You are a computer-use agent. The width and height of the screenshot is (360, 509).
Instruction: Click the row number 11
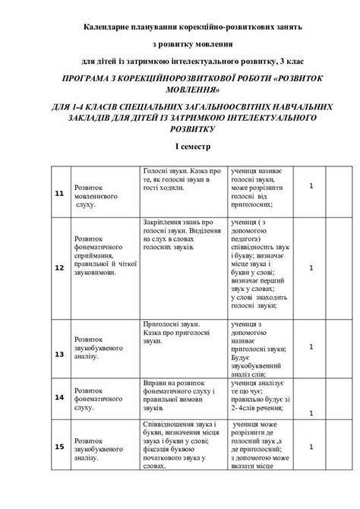[58, 194]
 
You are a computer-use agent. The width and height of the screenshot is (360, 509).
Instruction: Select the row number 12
[58, 267]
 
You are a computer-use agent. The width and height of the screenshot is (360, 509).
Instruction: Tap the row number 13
[58, 354]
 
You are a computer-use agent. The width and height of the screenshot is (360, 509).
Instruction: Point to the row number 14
[58, 397]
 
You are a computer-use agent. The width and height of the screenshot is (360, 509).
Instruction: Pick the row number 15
[58, 447]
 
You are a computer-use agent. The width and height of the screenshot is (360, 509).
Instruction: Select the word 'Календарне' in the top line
[111, 26]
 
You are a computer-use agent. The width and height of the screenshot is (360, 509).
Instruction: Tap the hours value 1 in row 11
[311, 185]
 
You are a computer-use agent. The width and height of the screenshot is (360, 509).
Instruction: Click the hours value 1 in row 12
[311, 267]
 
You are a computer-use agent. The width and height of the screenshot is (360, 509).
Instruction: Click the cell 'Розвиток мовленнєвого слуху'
[96, 194]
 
